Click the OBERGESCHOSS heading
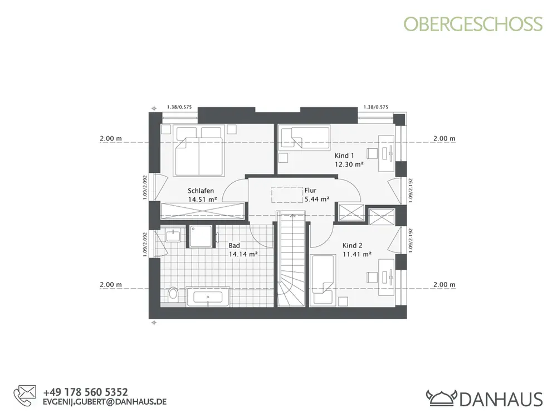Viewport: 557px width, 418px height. [473, 24]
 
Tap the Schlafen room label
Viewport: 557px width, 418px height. [201, 191]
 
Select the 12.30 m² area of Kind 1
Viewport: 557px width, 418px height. [349, 164]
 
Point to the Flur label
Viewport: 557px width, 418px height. [310, 191]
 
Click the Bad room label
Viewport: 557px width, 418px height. [234, 246]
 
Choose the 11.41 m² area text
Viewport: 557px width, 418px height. [357, 254]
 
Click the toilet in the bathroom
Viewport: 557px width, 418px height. [173, 294]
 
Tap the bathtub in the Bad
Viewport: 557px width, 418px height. [208, 297]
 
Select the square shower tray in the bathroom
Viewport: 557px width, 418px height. [201, 236]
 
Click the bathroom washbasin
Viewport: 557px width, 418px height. [173, 235]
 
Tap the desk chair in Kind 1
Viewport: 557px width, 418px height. [372, 153]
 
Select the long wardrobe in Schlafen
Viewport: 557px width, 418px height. [203, 211]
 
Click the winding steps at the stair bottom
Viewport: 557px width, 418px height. [291, 290]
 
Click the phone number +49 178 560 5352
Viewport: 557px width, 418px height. [85, 392]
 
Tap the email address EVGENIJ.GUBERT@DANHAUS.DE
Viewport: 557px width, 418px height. [105, 402]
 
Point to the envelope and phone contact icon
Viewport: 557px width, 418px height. [25, 396]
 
